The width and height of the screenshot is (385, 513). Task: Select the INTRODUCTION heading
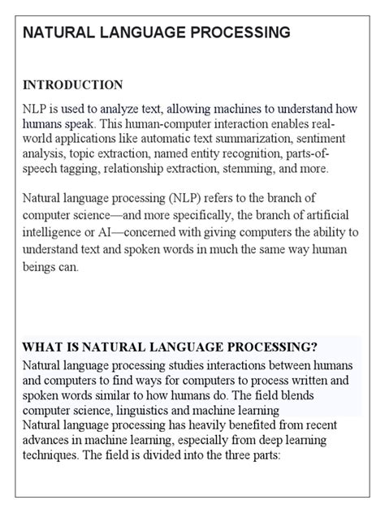[73, 84]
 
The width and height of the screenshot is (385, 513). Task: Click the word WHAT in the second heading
[43, 346]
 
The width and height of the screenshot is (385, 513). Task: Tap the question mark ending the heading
[314, 346]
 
